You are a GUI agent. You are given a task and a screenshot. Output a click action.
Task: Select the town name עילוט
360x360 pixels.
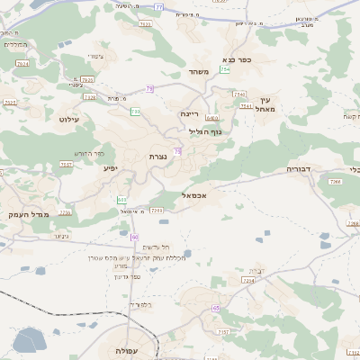point(69,119)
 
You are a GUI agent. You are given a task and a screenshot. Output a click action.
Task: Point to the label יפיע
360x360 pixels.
point(109,167)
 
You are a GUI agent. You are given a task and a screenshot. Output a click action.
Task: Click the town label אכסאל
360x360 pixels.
point(193,194)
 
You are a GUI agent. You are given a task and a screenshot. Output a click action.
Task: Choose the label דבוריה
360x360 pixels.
point(298,168)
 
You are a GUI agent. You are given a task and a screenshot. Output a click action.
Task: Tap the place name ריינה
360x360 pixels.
point(189,113)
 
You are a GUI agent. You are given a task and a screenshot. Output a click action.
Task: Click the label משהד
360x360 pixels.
point(199,72)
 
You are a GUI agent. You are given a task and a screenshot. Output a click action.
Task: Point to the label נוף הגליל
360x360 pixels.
point(211,131)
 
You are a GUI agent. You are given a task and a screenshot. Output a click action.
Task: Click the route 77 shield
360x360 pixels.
point(157,7)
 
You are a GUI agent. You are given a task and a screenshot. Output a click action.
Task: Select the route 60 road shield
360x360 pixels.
point(134,237)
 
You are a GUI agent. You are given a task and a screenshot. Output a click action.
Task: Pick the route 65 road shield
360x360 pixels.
point(216,308)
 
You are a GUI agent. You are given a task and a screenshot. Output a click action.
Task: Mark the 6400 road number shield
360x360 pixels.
point(212,118)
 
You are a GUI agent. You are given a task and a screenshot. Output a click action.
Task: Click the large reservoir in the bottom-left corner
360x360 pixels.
point(28,339)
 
